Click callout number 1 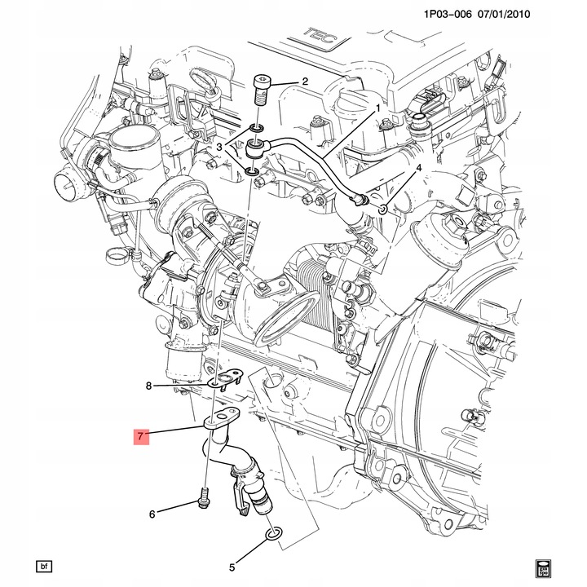tap(378, 107)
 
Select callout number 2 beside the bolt tap(304, 82)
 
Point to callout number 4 tap(418, 168)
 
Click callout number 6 tap(152, 514)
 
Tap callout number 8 tap(149, 386)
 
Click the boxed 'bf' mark tap(43, 566)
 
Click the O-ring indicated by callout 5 tap(273, 534)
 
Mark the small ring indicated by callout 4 tap(383, 211)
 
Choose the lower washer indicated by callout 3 tap(253, 171)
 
